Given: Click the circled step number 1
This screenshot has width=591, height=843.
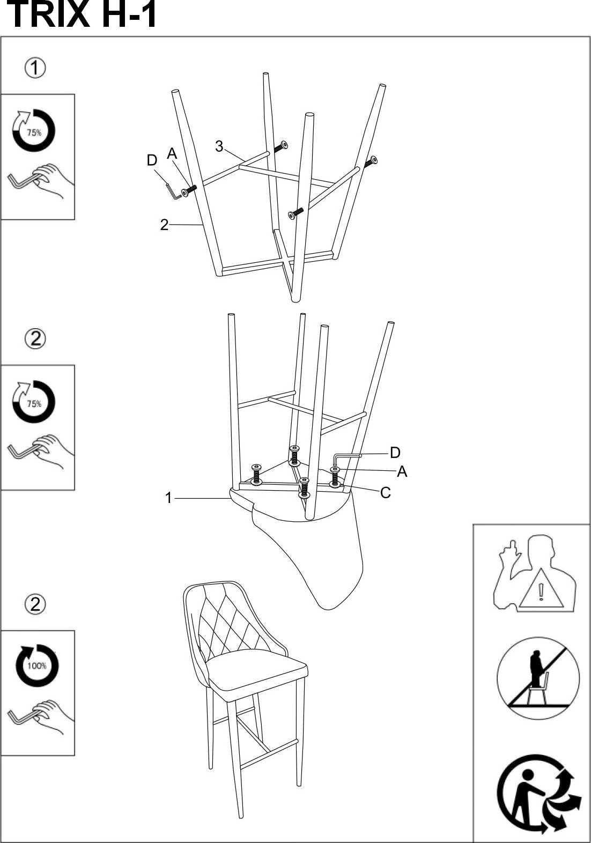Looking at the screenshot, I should tap(35, 69).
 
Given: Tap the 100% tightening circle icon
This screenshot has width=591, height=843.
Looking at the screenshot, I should tap(36, 666).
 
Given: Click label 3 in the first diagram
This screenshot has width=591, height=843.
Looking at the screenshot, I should tap(219, 146).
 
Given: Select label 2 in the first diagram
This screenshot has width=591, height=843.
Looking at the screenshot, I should tap(164, 225).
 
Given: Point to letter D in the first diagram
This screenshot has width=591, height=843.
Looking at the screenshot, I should tap(152, 160).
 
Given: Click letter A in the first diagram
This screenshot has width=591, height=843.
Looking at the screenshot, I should tap(172, 153).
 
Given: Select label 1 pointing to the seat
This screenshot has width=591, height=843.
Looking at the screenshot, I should tap(168, 498).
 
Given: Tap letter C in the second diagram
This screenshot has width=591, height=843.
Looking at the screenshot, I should tap(385, 493).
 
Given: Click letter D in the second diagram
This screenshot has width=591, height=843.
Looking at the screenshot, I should tap(395, 453).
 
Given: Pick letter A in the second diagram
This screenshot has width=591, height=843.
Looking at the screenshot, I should tap(402, 471).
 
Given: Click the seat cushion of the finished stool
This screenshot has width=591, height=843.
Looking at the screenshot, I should tap(257, 670).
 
